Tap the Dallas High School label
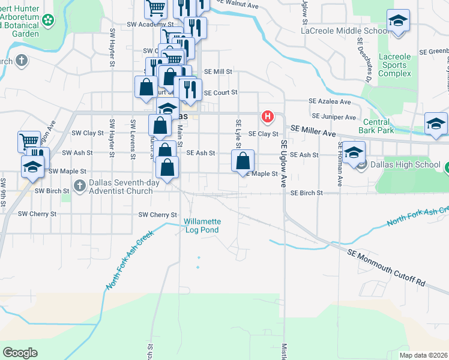[406, 164]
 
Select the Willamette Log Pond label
[202, 226]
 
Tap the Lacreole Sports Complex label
[395, 65]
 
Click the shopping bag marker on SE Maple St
[243, 161]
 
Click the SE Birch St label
[307, 193]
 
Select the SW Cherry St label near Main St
[158, 215]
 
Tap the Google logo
[20, 353]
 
